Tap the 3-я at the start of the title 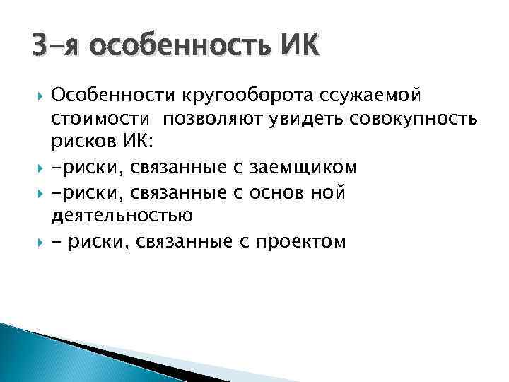pos(57,49)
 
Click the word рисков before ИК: pos(83,141)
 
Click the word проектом pos(298,241)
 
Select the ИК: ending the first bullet pos(133,141)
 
